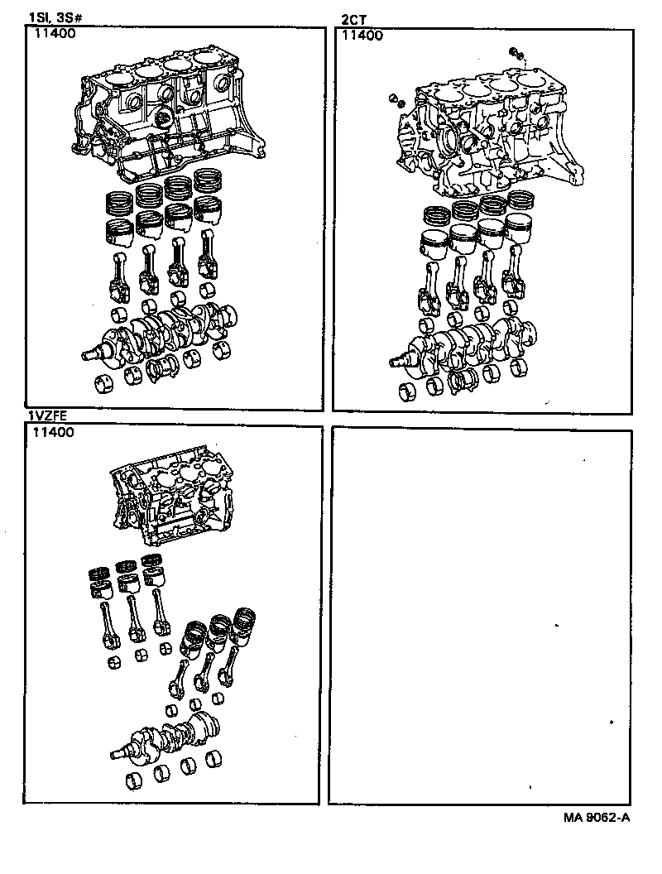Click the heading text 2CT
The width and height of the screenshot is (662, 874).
pyautogui.click(x=352, y=18)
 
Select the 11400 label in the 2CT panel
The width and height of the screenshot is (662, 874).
pyautogui.click(x=362, y=35)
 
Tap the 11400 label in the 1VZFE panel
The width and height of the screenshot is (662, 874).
pyautogui.click(x=55, y=432)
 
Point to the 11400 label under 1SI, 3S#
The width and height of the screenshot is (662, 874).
pyautogui.click(x=55, y=35)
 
